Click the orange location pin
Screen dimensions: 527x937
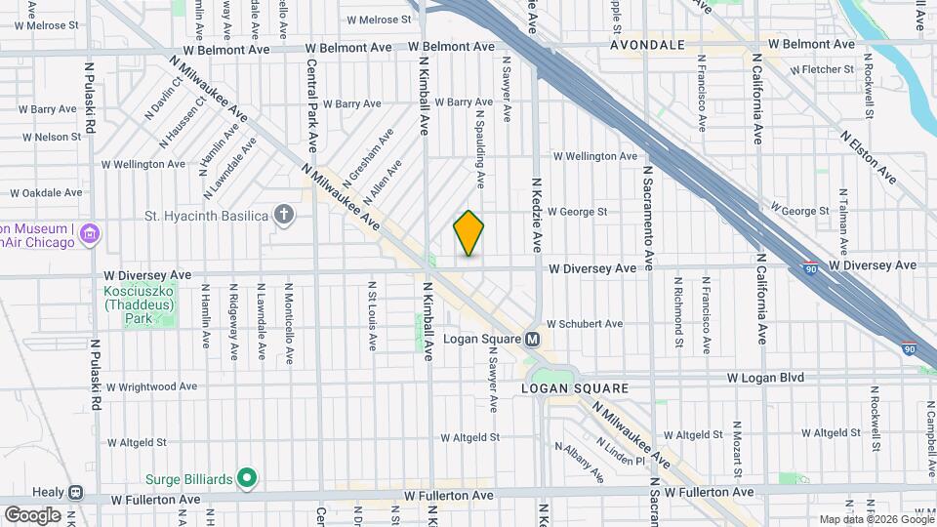pos(468,233)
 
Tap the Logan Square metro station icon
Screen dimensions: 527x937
pos(533,340)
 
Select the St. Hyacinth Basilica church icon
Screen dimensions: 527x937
pos(284,215)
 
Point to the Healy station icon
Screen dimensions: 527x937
pos(75,494)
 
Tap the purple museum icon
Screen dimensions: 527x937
pos(91,234)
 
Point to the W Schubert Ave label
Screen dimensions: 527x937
pos(584,324)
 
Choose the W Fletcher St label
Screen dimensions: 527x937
pos(822,70)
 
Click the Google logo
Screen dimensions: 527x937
pos(32,514)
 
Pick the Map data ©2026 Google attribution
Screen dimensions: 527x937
pos(876,519)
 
